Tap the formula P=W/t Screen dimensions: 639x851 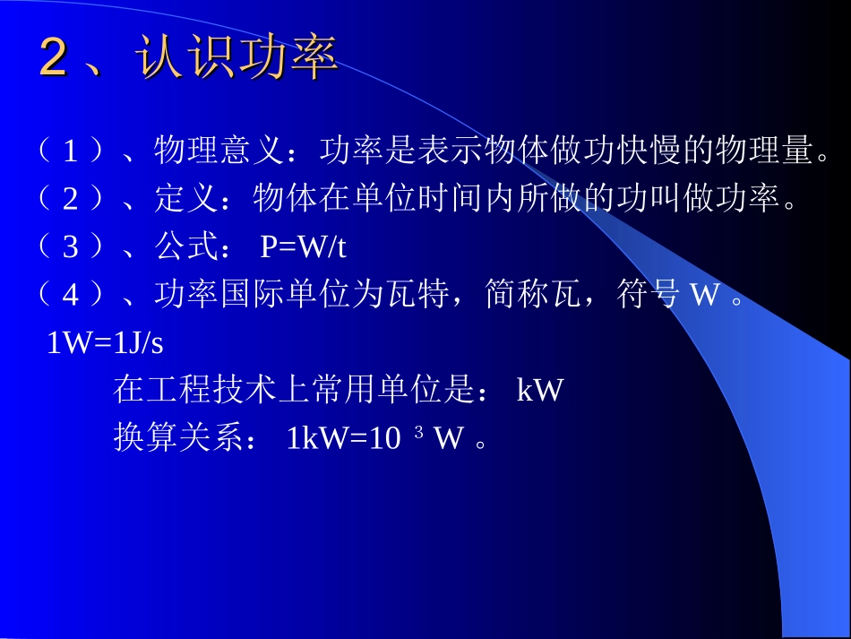click(x=303, y=246)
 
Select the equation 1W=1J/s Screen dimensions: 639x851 click(x=105, y=343)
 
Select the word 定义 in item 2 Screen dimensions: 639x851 click(x=187, y=198)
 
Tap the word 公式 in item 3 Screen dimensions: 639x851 click(x=187, y=246)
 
